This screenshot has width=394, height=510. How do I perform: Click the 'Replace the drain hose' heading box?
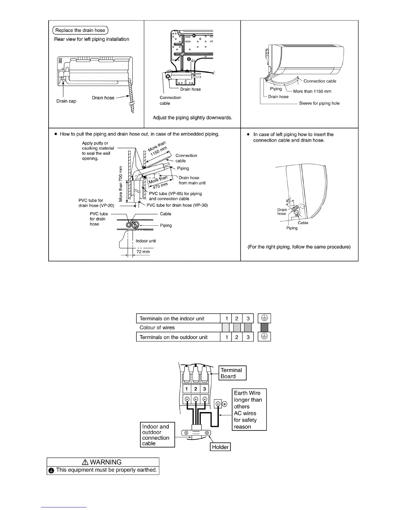point(80,30)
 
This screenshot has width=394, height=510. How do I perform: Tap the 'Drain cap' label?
point(66,101)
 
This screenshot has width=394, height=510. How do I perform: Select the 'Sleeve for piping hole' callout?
point(319,103)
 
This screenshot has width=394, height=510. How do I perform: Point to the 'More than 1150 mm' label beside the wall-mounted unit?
point(312,91)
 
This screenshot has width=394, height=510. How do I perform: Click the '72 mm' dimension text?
point(143,252)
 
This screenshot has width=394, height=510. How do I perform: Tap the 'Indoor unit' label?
point(145,241)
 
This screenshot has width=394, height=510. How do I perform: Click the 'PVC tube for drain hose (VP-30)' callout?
point(177,205)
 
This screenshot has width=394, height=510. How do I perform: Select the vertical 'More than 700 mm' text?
point(121,184)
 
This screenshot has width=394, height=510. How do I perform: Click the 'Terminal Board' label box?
point(232,373)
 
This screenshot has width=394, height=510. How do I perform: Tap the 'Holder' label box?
point(220,447)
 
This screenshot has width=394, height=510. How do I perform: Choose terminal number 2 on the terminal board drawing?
point(196,389)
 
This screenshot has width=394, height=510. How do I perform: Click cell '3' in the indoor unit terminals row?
point(248,319)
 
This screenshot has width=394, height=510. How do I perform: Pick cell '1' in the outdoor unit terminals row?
point(227,337)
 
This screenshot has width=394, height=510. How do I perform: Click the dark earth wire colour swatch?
point(264,328)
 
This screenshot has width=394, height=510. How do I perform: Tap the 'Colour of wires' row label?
point(157,328)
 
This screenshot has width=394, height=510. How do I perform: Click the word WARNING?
point(106,462)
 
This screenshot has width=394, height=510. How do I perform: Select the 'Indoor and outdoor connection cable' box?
point(157,435)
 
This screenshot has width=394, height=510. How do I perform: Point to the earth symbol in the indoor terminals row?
point(264,318)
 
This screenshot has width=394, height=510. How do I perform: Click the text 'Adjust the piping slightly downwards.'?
point(192,118)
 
